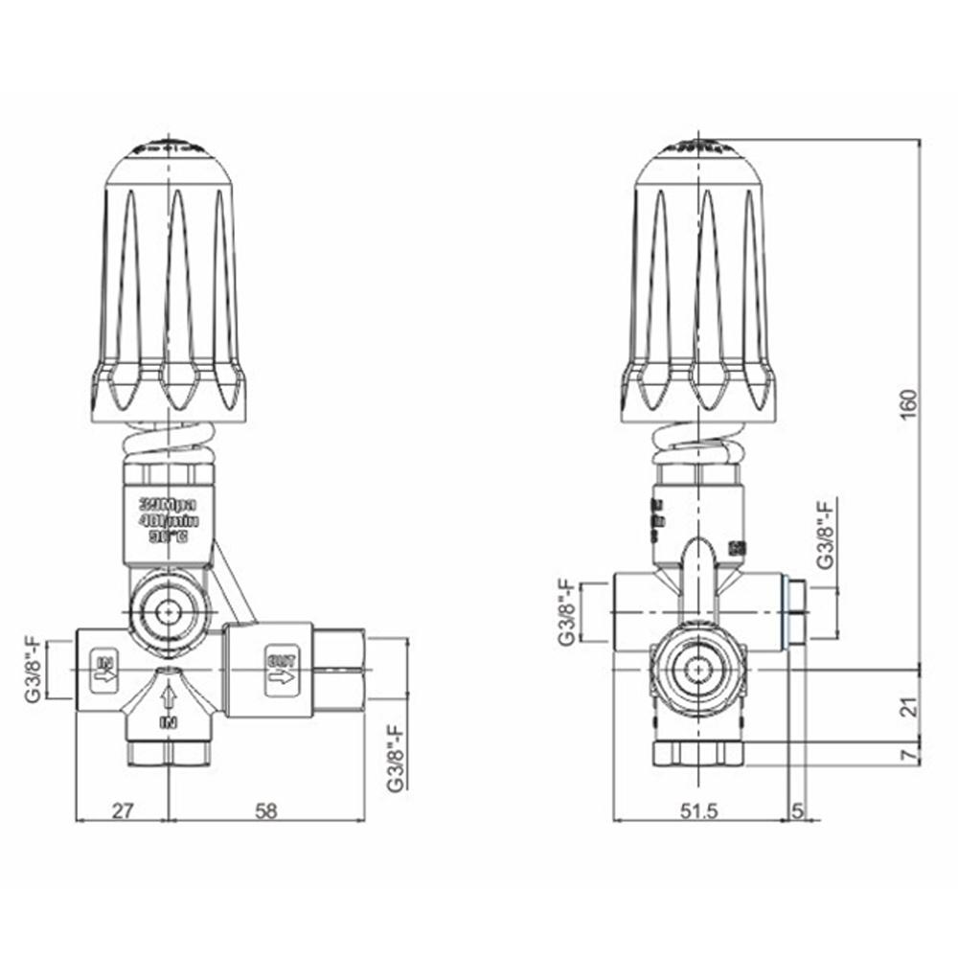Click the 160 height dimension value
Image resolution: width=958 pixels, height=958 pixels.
tap(909, 403)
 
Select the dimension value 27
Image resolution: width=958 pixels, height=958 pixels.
tap(123, 810)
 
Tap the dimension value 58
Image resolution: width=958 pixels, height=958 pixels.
tap(266, 810)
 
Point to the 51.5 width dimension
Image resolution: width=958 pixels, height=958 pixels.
tap(699, 810)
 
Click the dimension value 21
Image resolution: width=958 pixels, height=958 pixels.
tap(909, 707)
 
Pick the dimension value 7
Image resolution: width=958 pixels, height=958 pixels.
tap(909, 755)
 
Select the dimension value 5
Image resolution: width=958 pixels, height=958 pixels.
tap(797, 810)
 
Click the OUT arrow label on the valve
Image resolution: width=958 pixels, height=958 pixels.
tap(282, 670)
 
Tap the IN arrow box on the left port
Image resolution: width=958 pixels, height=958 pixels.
tap(104, 668)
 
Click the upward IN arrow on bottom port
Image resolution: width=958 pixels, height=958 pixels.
tap(169, 697)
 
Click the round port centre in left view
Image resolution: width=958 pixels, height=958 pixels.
tap(170, 609)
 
